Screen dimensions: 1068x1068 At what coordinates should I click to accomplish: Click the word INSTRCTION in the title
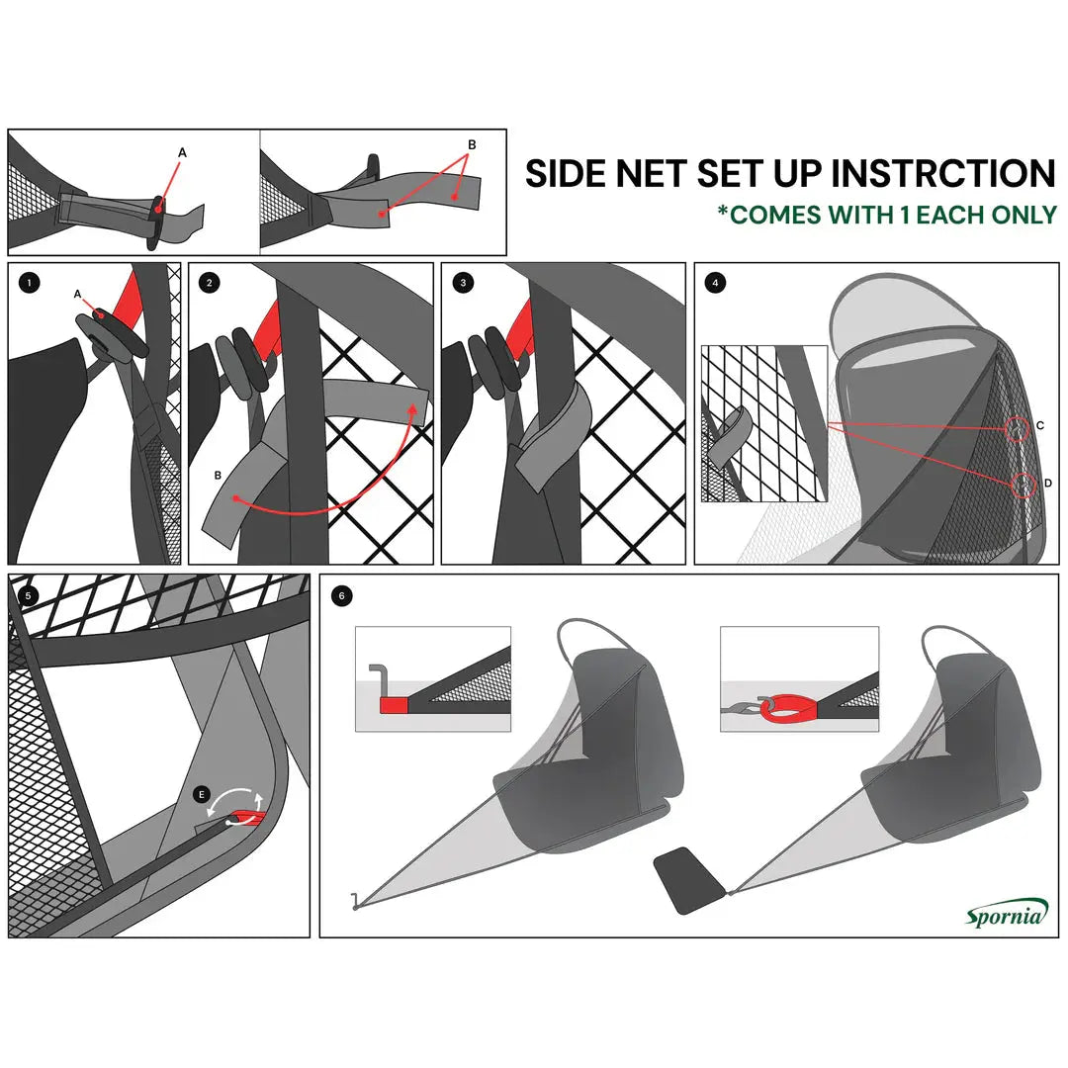[x=943, y=173]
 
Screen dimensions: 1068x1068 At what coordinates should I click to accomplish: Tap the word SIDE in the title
[x=567, y=173]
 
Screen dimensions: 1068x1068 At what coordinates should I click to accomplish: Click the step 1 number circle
[x=31, y=283]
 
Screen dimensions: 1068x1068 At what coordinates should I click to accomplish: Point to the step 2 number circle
[x=210, y=283]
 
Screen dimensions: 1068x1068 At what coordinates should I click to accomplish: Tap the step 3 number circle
[x=463, y=283]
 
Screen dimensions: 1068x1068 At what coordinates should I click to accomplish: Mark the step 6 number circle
[x=342, y=595]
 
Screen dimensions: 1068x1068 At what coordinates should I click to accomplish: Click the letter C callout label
[x=1040, y=426]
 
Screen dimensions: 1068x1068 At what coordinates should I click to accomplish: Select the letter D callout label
[x=1048, y=483]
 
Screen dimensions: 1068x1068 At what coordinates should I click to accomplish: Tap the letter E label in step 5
[x=203, y=794]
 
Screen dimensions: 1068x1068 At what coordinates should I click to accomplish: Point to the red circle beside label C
[x=1017, y=429]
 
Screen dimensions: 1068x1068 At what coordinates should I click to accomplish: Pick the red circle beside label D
[x=1024, y=485]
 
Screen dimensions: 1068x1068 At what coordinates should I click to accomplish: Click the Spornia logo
[x=1005, y=914]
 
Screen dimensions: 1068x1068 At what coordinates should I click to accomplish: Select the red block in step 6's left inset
[x=396, y=705]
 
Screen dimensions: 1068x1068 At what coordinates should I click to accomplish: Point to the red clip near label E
[x=247, y=818]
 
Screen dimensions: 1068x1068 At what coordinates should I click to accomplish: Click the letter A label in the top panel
[x=182, y=152]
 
